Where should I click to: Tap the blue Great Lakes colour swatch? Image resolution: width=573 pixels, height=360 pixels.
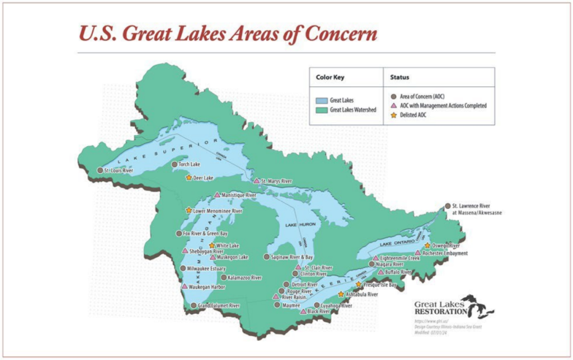[x=322, y=100]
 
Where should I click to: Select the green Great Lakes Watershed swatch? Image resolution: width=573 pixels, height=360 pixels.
[x=322, y=109]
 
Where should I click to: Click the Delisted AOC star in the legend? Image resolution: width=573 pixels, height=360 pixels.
[x=394, y=115]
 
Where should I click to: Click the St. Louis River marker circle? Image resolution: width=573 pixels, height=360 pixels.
[x=100, y=170]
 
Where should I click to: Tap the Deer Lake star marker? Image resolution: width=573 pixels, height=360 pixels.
[x=189, y=178]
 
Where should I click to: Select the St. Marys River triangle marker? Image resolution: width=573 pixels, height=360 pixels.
[x=256, y=181]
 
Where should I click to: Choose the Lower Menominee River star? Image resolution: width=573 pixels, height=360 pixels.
[x=189, y=210]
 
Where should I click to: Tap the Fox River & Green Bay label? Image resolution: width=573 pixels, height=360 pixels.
[x=205, y=234]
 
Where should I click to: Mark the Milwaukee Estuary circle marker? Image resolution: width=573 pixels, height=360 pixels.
[x=182, y=269]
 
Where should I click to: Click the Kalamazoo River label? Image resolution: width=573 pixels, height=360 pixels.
[x=245, y=278]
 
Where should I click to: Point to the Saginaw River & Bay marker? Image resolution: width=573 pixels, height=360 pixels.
[x=266, y=256]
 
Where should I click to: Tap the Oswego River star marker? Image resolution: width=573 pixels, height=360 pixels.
[x=427, y=245]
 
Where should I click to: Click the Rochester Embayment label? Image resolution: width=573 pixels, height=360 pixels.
[x=446, y=253]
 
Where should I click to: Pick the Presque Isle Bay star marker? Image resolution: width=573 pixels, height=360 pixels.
[x=359, y=285]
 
